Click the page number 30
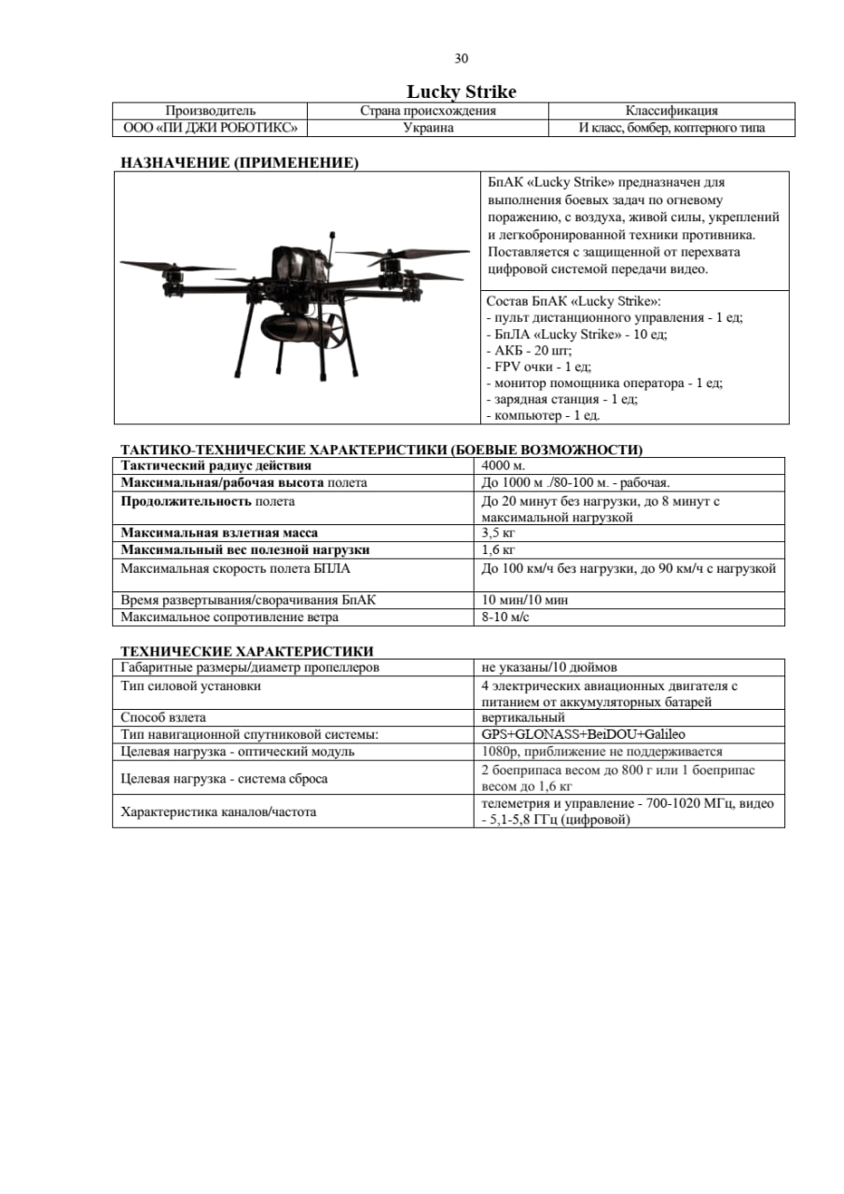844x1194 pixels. point(461,59)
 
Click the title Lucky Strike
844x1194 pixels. point(461,91)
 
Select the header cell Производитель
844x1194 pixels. point(210,111)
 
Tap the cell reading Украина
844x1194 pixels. point(428,128)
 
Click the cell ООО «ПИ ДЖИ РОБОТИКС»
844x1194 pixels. point(210,128)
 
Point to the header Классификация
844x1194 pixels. point(671,111)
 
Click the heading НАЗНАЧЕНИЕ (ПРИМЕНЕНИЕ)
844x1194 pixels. point(240,163)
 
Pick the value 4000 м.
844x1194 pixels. point(504,465)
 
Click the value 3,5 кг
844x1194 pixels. point(499,533)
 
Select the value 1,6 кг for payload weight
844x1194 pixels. point(499,549)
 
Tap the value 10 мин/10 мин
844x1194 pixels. point(525,600)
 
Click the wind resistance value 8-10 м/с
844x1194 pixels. point(505,617)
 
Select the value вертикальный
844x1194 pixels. point(523,717)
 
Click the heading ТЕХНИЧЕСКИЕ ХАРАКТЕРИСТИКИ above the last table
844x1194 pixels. point(247,650)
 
